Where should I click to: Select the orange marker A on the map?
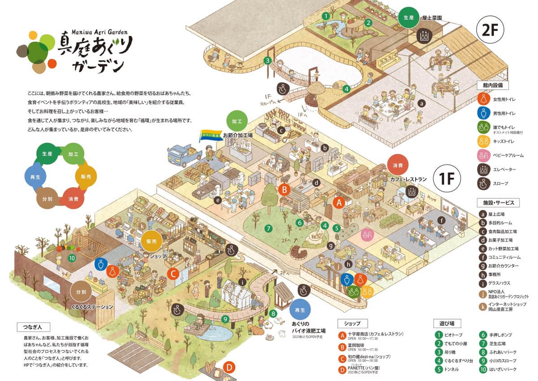(339, 202)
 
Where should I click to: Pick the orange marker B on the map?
(284, 189)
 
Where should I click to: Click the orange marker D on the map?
(229, 368)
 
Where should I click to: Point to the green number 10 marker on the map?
(71, 258)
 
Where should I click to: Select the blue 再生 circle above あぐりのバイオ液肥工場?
(300, 310)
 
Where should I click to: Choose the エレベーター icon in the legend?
(483, 169)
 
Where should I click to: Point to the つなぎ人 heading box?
(34, 326)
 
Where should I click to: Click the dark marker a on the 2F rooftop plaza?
(421, 103)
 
